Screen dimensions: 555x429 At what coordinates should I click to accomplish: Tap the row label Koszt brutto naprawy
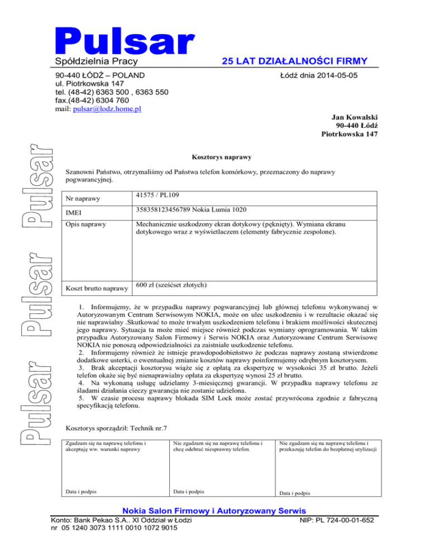(x=97, y=289)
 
